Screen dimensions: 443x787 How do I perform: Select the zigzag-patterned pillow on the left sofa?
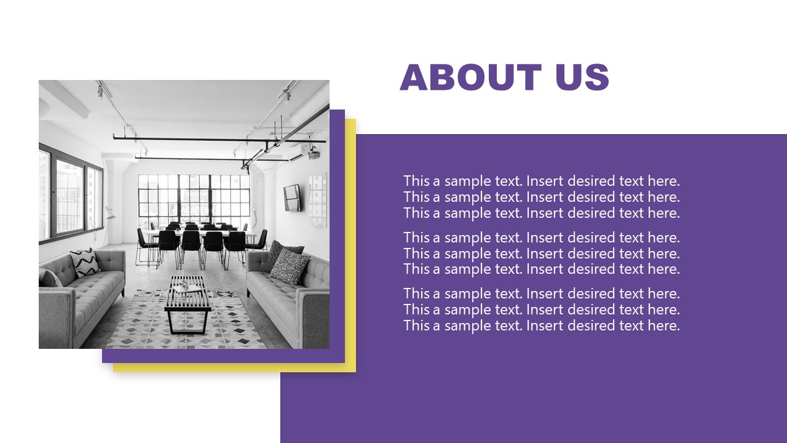click(85, 261)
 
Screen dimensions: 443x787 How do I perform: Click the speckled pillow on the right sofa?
click(289, 266)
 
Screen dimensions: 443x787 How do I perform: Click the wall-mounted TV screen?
click(292, 198)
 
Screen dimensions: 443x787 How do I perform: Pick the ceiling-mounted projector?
click(314, 153)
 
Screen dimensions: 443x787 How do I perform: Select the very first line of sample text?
click(541, 181)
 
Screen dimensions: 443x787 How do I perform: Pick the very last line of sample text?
click(541, 325)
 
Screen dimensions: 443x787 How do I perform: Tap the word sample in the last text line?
click(468, 325)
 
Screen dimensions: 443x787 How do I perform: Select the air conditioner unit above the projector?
click(296, 157)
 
